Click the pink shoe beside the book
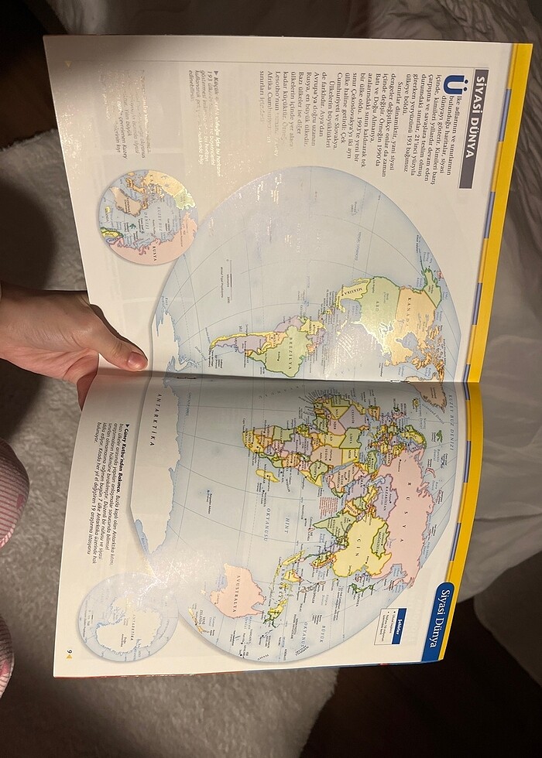coord(11,503)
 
